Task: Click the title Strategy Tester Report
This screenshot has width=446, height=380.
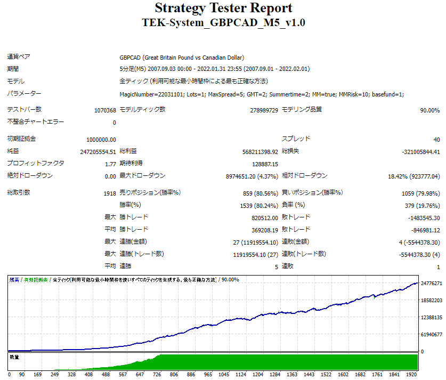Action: [x=223, y=8]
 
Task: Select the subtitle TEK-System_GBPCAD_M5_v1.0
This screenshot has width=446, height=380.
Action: [x=223, y=23]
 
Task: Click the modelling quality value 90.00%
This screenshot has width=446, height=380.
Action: [x=429, y=110]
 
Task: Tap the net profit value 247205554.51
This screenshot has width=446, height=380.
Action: [x=98, y=152]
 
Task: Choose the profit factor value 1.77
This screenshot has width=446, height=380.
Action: [x=110, y=164]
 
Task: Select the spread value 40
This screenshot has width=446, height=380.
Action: [x=436, y=140]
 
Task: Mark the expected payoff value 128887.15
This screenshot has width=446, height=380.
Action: [x=265, y=164]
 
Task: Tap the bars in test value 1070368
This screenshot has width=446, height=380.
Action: [x=105, y=110]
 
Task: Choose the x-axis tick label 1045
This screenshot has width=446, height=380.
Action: [x=223, y=375]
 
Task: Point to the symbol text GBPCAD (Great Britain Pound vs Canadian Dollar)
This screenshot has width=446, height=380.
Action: [x=182, y=58]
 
